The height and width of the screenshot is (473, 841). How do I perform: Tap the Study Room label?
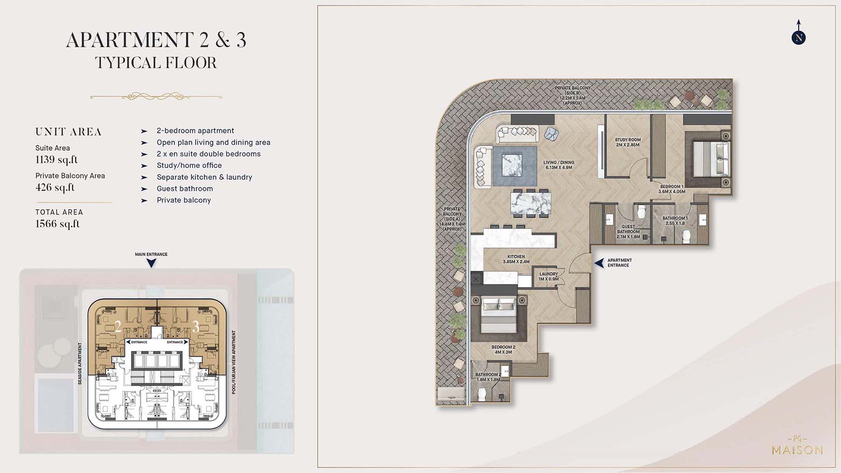click(x=627, y=142)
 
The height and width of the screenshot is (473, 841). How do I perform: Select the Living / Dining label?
click(x=559, y=165)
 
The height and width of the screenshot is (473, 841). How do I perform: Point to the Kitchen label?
click(x=516, y=259)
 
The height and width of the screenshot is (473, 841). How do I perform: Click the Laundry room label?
click(x=549, y=276)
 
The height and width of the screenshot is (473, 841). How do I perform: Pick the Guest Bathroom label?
click(x=628, y=232)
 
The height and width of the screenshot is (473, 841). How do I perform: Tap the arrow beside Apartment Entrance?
click(x=599, y=263)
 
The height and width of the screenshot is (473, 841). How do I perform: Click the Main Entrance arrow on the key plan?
click(x=151, y=263)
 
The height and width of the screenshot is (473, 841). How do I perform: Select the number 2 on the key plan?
click(x=118, y=326)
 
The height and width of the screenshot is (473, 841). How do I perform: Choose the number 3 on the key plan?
click(x=196, y=326)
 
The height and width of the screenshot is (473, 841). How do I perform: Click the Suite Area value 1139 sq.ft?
click(x=57, y=160)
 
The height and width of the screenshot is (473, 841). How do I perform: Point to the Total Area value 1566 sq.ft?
click(x=57, y=224)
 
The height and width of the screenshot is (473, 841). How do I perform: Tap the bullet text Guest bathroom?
click(x=185, y=189)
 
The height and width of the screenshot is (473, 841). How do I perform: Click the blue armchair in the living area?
click(x=551, y=134)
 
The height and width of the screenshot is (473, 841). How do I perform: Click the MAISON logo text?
click(x=797, y=450)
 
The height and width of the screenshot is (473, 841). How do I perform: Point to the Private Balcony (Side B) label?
click(x=572, y=95)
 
